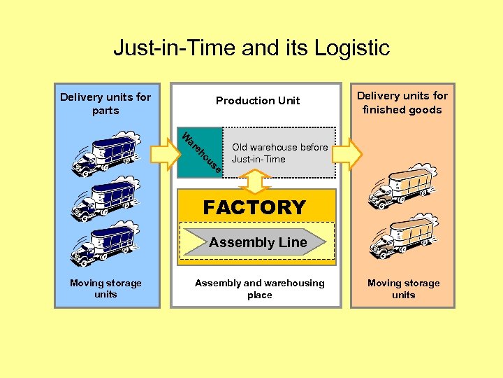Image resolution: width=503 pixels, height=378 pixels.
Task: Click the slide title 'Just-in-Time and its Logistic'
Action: point(251,48)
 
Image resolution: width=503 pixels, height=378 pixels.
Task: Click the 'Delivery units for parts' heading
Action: point(105,104)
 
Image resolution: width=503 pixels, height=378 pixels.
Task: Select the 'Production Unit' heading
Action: point(257,101)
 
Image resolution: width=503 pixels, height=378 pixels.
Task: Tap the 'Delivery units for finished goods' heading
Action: point(402,102)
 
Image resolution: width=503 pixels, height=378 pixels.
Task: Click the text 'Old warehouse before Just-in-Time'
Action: point(279,153)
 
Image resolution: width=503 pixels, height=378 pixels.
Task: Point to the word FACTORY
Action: point(254,207)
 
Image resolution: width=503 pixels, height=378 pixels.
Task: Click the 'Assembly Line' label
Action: point(258,243)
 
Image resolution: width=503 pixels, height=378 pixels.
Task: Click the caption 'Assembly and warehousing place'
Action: point(259,288)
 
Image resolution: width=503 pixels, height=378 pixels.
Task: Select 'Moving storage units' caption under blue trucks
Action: point(105,288)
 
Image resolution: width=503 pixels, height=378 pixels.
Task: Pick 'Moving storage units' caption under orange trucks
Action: point(403,288)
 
